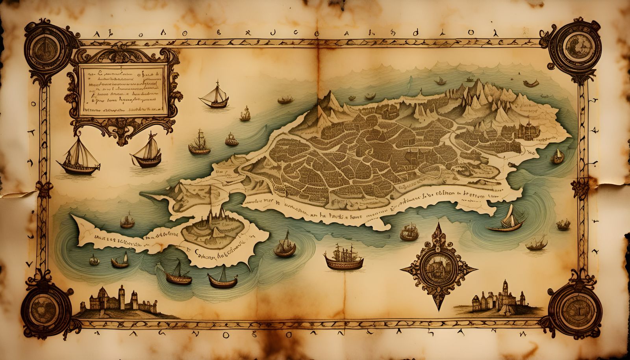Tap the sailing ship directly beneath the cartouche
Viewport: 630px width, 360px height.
pos(148,152)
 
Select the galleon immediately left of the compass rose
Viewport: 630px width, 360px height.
pos(343,258)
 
